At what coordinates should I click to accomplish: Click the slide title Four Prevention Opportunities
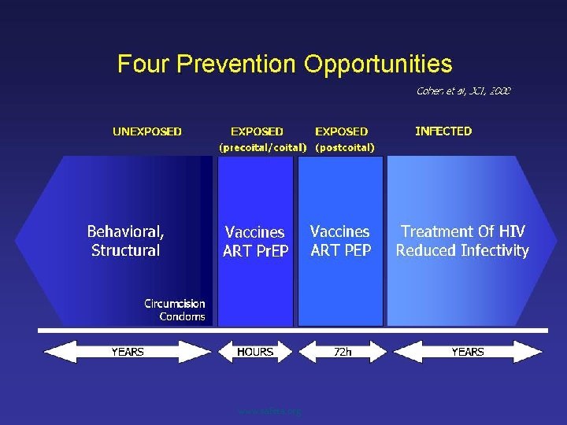tap(284, 64)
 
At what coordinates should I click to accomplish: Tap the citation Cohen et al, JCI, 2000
tap(463, 91)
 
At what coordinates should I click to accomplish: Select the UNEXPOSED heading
tap(147, 131)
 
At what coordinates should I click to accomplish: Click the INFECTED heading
tap(443, 131)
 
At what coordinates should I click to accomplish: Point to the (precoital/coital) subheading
tap(257, 147)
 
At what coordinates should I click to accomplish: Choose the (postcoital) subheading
tap(344, 147)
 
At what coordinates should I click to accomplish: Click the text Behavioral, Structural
tap(126, 241)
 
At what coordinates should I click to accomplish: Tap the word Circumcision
tap(174, 303)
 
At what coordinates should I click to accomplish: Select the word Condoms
tap(182, 316)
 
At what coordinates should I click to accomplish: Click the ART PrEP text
tap(256, 252)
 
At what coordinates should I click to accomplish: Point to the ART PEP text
tap(340, 251)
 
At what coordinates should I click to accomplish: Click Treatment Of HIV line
tap(462, 231)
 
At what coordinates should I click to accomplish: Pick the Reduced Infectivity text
tap(462, 251)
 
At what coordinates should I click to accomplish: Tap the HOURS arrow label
tap(255, 352)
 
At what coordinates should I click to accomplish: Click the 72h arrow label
tap(343, 352)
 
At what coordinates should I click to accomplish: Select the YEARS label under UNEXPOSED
tap(127, 352)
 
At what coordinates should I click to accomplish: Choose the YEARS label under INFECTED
tap(467, 352)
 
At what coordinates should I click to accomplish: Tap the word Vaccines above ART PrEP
tap(255, 232)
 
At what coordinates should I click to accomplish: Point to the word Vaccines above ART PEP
tap(339, 231)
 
